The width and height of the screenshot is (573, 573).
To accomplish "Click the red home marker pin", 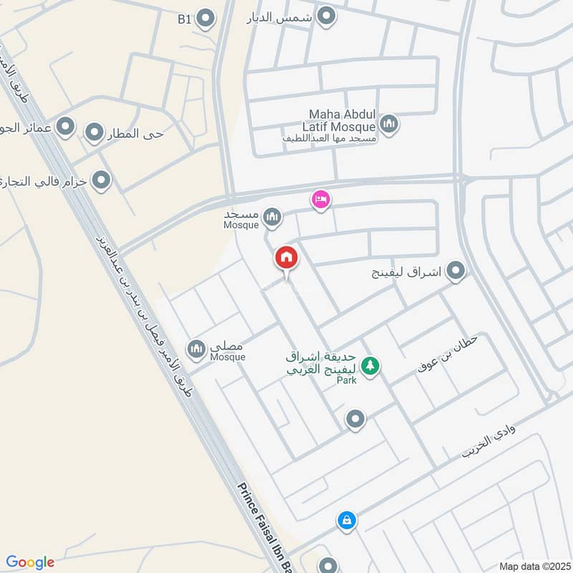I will pos(286,259).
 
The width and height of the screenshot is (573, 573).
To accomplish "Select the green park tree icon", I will pos(370,366).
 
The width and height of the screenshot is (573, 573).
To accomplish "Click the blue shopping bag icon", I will pos(346,521).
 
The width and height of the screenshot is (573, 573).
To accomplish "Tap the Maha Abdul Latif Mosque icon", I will pos(389,125).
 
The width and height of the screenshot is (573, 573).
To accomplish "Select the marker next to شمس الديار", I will pos(327,16).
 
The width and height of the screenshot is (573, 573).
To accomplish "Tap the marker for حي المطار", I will pos(95,133).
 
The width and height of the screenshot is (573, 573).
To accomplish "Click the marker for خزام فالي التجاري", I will pos(101,180).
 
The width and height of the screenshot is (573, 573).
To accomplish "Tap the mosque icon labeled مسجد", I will pos(272,216).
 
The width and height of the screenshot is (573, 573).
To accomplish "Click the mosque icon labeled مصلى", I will pos(196,349).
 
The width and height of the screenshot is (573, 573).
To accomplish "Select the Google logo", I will pos(30,562).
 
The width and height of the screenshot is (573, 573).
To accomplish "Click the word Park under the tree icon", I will pos(347,380).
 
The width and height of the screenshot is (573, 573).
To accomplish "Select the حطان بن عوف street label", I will pos(446,353).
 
